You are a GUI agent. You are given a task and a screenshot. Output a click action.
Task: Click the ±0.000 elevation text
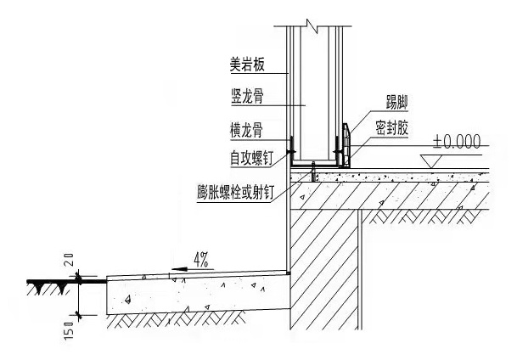(x=456, y=141)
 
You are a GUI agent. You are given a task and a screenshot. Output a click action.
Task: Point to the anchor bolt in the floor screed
(x=314, y=176)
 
